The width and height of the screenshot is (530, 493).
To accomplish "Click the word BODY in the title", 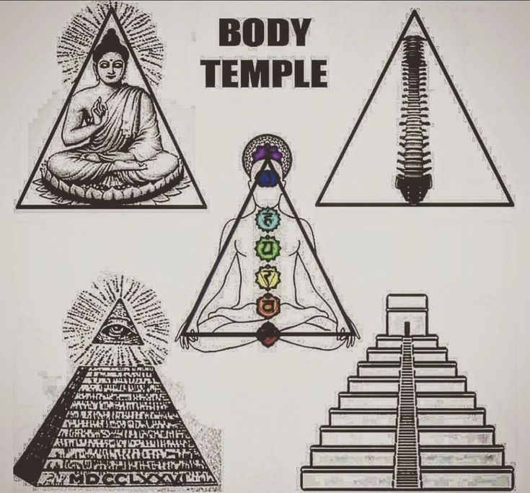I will pyautogui.click(x=264, y=33).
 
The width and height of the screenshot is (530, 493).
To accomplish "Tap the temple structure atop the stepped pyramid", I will pyautogui.click(x=407, y=314).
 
